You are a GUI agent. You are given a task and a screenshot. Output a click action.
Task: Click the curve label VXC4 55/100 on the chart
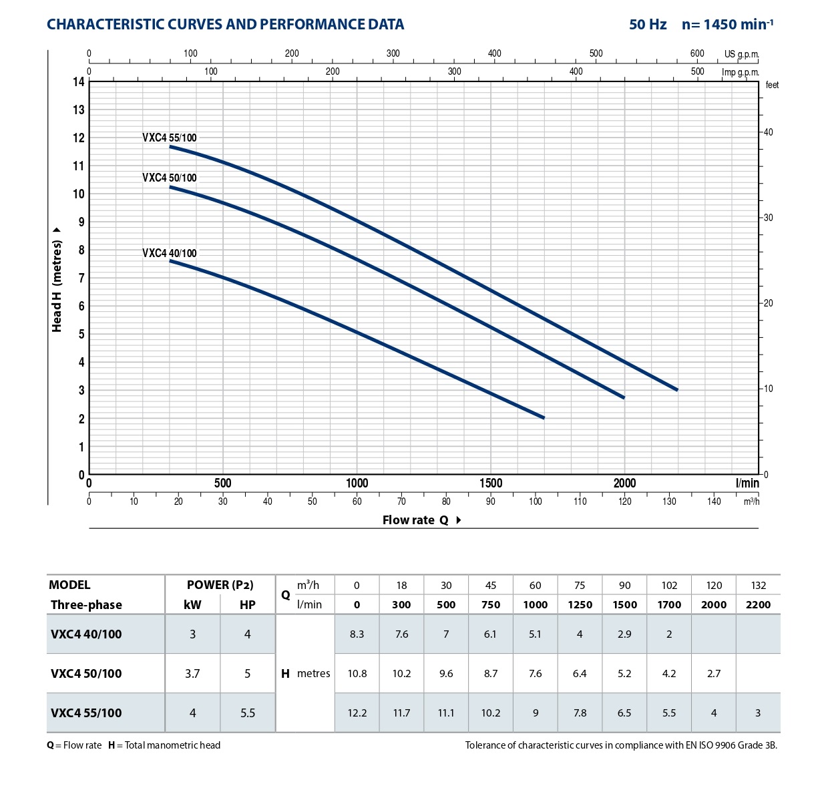(x=170, y=138)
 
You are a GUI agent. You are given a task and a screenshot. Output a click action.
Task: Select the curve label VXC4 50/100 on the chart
(x=170, y=178)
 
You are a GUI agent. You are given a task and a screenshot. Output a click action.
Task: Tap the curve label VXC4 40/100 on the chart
(x=170, y=254)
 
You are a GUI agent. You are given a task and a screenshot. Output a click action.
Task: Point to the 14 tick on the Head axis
(x=79, y=82)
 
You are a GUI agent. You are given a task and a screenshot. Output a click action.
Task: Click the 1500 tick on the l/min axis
(x=491, y=483)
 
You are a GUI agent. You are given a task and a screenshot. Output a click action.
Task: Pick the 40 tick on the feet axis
(x=769, y=132)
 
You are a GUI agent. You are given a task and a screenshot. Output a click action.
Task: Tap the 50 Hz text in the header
(x=648, y=25)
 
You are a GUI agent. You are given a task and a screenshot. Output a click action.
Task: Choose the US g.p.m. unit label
(x=741, y=54)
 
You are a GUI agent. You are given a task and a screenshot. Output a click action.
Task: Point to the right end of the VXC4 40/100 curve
(x=544, y=417)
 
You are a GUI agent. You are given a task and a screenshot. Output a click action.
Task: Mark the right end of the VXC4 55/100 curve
(x=677, y=389)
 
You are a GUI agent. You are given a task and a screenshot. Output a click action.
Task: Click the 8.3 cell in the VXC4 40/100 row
(x=357, y=634)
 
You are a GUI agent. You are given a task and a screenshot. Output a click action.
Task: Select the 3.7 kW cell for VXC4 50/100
(x=192, y=674)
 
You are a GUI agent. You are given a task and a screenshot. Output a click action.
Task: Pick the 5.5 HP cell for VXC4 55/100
(x=248, y=713)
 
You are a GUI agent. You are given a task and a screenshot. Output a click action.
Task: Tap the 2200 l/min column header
(x=758, y=605)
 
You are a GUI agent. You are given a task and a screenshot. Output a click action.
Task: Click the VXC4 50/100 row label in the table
(x=86, y=674)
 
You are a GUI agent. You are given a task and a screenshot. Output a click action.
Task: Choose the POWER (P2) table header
(x=220, y=585)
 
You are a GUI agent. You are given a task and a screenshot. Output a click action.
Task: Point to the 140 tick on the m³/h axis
(x=714, y=502)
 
